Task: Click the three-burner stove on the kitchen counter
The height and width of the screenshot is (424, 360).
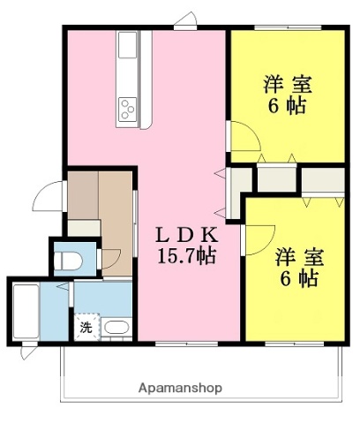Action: (x=128, y=109)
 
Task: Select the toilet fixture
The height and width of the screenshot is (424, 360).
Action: (x=68, y=260)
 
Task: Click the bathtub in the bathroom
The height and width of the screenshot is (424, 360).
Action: (x=24, y=314)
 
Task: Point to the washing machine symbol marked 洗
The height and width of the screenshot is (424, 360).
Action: (x=86, y=327)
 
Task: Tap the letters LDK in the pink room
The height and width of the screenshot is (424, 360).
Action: (x=185, y=236)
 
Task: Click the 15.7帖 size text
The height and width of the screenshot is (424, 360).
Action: (x=186, y=256)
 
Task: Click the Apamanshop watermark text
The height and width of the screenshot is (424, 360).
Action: (x=180, y=387)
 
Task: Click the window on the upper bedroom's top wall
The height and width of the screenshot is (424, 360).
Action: (x=286, y=28)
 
